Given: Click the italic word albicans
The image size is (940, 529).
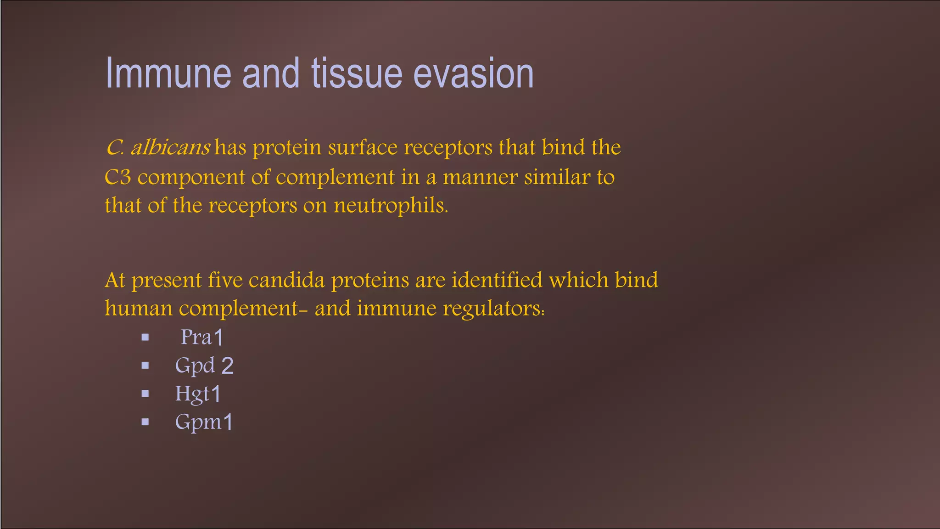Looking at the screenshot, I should tap(171, 148).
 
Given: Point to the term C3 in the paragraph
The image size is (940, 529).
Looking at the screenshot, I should tap(118, 178).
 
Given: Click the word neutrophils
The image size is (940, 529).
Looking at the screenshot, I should tap(390, 205).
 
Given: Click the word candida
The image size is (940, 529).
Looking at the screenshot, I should tap(287, 280).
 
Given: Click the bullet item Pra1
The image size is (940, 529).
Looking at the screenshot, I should tap(202, 338).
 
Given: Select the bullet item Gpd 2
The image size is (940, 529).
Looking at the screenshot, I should tap(204, 366).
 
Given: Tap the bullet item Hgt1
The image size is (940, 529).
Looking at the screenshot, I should tap(198, 394).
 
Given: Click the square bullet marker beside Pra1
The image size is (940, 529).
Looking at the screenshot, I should tap(145, 338).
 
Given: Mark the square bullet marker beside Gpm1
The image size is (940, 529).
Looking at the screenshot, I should tap(145, 422).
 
